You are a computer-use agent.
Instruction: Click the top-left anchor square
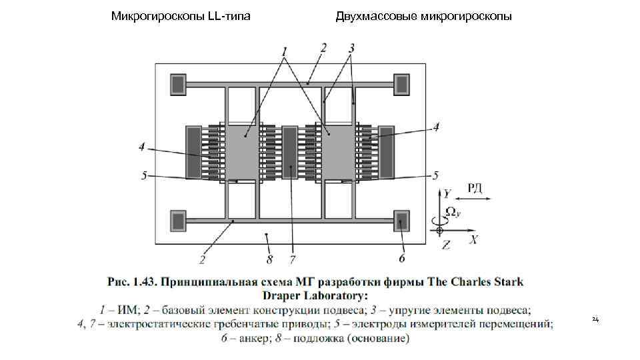coord(178,84)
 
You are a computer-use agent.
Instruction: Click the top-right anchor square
coord(401,84)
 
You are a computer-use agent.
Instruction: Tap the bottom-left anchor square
coord(178,221)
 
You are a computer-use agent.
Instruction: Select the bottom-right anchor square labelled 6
coord(401,221)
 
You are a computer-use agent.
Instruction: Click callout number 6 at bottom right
coord(401,257)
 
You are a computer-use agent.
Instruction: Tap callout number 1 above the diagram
coord(285,51)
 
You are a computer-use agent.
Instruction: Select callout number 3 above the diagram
coord(351,48)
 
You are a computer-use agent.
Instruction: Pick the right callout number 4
coord(436,127)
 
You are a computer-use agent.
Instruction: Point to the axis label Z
coord(446,245)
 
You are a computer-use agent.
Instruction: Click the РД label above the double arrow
coord(475,187)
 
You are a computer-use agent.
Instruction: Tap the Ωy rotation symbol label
coord(451,212)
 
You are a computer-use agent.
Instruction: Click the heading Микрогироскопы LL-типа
coord(181,15)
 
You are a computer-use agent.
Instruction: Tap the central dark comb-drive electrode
coord(291,153)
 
